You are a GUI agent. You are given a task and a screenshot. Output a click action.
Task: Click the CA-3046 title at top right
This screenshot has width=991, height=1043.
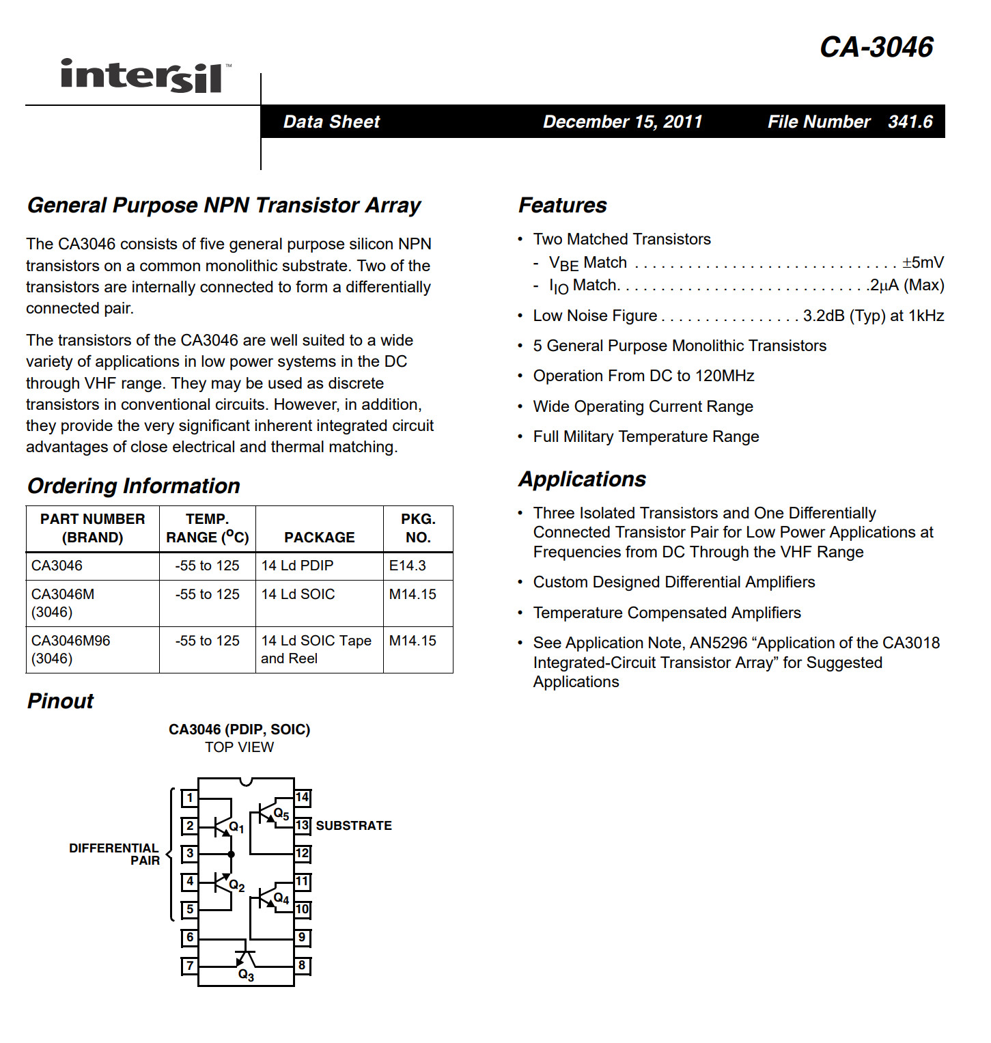(876, 47)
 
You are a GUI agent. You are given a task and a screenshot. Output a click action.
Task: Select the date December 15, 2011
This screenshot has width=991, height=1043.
(622, 122)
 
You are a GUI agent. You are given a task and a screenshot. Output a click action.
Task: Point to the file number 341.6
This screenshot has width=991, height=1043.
(910, 122)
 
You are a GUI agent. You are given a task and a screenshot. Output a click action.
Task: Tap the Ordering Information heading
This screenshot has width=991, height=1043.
(134, 486)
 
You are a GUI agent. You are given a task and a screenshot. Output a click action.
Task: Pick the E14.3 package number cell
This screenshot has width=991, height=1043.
(408, 566)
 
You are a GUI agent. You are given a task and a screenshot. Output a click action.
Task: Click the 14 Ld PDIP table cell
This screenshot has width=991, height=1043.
(298, 566)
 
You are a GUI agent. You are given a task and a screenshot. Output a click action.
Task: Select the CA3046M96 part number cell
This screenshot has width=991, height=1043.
(71, 641)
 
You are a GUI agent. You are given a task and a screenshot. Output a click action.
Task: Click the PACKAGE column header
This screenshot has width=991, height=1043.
(319, 538)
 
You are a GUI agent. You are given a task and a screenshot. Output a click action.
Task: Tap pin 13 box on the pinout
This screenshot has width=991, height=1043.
(302, 825)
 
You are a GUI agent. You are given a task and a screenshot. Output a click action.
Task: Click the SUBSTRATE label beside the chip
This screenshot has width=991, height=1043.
(354, 826)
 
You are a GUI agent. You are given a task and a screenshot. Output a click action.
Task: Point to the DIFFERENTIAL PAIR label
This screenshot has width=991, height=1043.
(115, 854)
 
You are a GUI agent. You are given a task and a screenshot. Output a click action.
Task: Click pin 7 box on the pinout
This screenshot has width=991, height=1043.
(190, 966)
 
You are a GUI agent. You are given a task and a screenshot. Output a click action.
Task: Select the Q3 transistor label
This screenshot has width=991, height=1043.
(246, 975)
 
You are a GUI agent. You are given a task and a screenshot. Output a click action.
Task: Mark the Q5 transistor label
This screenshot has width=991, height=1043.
(281, 814)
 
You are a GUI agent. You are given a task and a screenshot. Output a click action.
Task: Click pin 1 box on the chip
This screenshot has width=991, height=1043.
(190, 798)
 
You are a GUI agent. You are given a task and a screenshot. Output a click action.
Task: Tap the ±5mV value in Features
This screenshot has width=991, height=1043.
(923, 262)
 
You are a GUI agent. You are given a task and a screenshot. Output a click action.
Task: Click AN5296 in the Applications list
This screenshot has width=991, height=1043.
(718, 643)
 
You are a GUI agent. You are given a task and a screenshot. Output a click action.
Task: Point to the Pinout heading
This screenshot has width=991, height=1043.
(60, 701)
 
